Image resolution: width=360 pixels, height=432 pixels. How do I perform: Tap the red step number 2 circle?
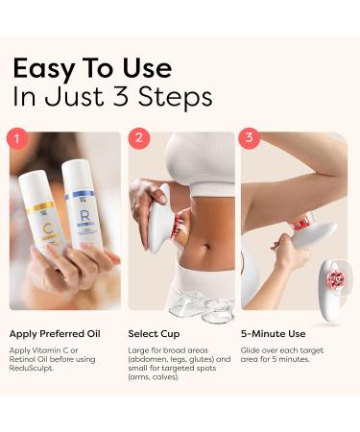tap(140, 138)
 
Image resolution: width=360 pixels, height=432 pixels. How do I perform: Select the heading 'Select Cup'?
tap(154, 333)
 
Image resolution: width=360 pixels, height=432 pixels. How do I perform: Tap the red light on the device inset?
tap(335, 279)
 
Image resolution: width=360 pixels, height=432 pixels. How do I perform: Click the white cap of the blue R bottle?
tap(79, 170)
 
